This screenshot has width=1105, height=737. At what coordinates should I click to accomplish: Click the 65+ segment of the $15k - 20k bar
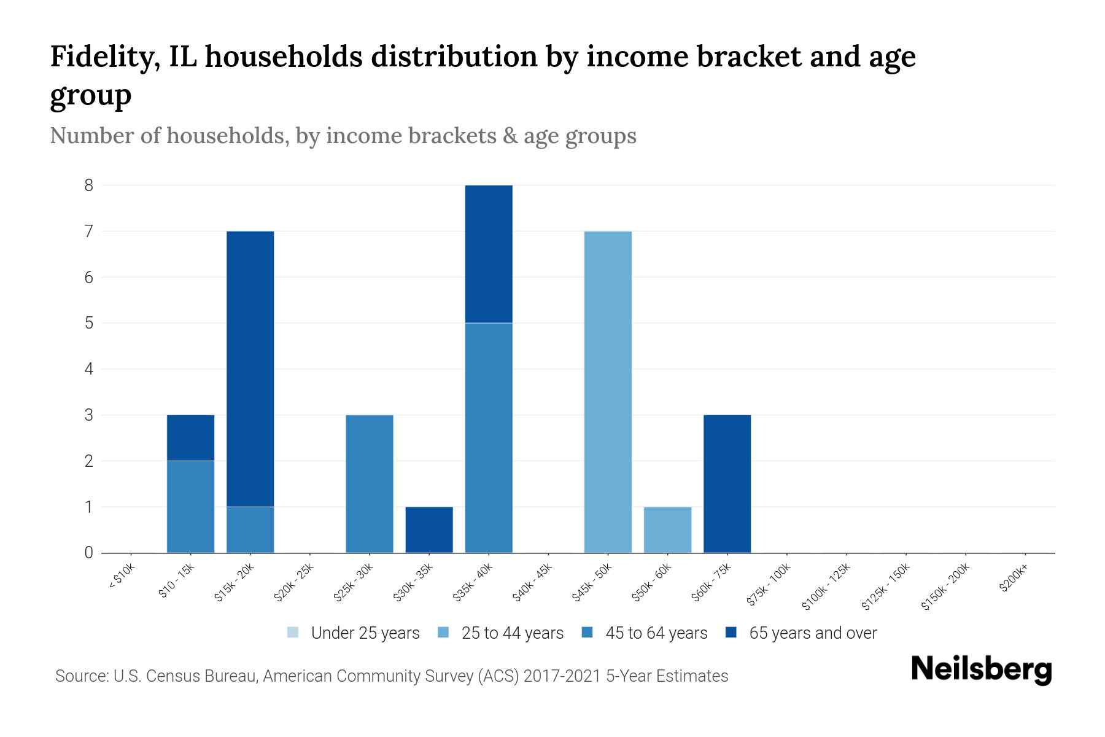[250, 368]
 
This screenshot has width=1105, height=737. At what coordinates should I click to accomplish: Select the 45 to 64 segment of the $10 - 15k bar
[190, 507]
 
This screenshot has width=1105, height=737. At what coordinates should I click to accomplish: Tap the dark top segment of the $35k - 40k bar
[489, 254]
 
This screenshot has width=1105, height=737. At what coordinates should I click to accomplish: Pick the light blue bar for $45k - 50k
[608, 392]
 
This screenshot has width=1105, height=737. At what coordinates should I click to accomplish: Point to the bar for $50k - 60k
[667, 529]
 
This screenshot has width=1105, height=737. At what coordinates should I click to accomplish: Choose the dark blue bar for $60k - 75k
[727, 484]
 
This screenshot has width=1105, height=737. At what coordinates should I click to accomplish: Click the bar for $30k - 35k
[429, 529]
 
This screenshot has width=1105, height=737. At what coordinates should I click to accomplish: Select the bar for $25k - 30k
[370, 484]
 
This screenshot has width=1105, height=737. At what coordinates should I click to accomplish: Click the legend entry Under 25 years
[365, 633]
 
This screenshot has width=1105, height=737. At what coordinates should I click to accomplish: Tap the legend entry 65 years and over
[812, 633]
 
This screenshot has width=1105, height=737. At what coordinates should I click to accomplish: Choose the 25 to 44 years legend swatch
[443, 633]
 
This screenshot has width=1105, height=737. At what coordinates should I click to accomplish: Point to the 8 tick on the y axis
[89, 185]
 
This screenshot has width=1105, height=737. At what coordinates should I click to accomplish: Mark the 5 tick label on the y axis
[89, 323]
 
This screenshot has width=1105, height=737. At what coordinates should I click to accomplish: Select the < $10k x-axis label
[121, 576]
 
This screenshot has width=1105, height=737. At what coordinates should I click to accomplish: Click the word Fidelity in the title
[102, 57]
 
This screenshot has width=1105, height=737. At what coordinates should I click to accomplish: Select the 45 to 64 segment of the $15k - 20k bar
[250, 529]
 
